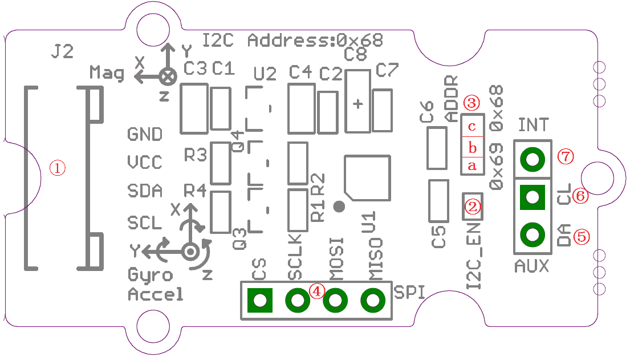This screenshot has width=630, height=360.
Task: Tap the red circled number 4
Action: (x=317, y=290)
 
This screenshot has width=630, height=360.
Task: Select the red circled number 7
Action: (x=565, y=158)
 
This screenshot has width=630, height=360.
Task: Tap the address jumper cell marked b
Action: (x=472, y=148)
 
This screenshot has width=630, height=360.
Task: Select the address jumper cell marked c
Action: (x=472, y=126)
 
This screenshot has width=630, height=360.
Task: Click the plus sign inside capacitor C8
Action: (x=358, y=104)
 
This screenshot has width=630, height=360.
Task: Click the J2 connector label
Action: (x=62, y=52)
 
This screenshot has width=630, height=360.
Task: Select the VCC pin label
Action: (x=145, y=163)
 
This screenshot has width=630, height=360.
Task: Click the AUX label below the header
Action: (x=531, y=265)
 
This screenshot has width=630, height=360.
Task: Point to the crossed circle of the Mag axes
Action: (x=167, y=75)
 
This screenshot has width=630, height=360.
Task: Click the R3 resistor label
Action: (x=195, y=155)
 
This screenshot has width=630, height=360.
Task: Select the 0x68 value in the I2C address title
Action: (x=359, y=41)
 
